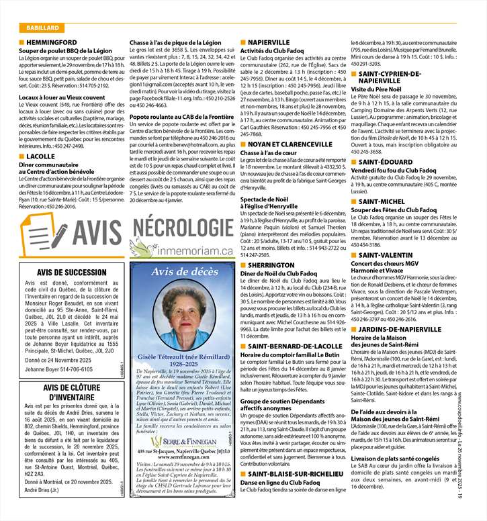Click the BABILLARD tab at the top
pos(42,28)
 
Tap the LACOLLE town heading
pos(42,156)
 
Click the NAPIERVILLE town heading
pos(269,42)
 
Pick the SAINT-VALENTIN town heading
pos(388,236)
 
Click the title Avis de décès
pos(185,272)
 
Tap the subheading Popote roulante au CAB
pos(176,116)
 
